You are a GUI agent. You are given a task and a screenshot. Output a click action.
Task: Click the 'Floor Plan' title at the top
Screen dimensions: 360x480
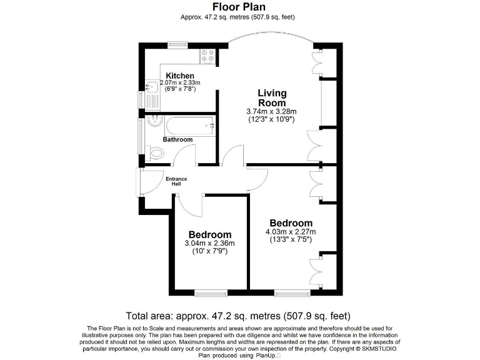tap(241, 7)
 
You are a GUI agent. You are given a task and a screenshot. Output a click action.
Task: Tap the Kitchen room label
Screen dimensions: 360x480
tap(179, 76)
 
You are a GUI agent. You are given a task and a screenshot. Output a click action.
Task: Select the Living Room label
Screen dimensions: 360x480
tap(272, 98)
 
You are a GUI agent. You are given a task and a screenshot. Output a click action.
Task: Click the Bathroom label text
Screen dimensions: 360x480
tap(177, 139)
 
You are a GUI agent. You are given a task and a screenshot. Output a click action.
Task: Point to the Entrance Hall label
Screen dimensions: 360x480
tap(176, 182)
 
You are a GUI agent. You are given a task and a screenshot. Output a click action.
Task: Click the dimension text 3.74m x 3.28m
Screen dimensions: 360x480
tap(272, 112)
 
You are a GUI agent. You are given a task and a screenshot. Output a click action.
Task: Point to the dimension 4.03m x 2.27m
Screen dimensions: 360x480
tap(290, 232)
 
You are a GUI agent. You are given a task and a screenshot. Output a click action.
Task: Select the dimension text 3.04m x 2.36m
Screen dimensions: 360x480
tap(209, 243)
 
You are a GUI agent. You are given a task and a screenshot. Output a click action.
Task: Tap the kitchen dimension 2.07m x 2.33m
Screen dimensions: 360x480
tap(180, 82)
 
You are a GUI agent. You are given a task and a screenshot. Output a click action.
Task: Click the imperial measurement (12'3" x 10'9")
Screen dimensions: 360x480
tap(272, 119)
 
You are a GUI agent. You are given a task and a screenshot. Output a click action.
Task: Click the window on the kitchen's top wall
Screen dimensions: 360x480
tap(177, 44)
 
